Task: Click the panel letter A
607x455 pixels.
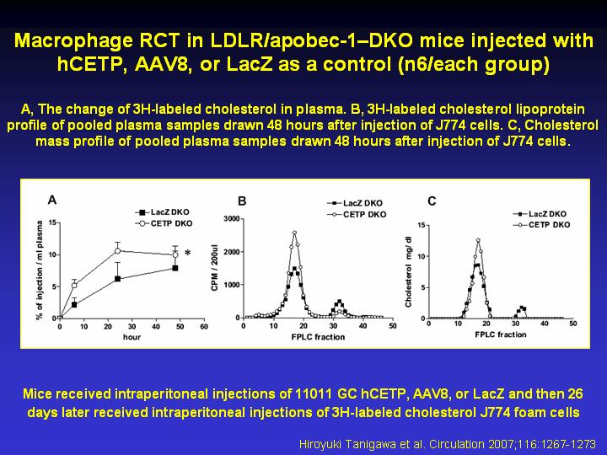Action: click(x=52, y=200)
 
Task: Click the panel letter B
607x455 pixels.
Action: click(x=242, y=201)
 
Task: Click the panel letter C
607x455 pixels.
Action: click(x=432, y=201)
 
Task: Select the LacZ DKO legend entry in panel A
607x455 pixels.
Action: click(x=162, y=212)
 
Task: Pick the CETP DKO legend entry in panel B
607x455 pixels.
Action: click(x=357, y=214)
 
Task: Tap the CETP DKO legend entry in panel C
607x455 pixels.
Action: click(x=541, y=225)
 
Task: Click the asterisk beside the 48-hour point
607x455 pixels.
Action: click(x=188, y=254)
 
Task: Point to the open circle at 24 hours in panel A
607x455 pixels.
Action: click(x=117, y=251)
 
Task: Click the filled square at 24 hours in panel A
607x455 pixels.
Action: click(x=117, y=279)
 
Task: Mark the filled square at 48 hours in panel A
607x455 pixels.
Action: click(x=175, y=268)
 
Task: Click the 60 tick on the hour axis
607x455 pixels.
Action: click(x=204, y=327)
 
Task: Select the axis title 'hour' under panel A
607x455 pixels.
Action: click(x=132, y=337)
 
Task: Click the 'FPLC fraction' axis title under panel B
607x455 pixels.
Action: click(x=318, y=337)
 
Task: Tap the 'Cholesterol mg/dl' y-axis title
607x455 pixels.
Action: click(x=408, y=271)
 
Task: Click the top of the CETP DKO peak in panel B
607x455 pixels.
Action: click(x=294, y=233)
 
